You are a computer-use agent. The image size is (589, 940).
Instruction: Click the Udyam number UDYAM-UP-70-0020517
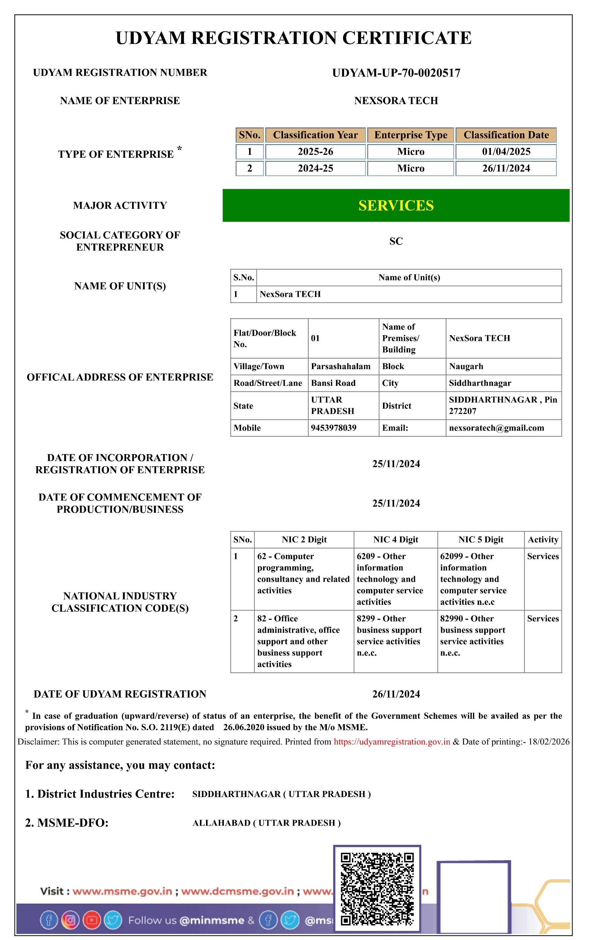click(396, 73)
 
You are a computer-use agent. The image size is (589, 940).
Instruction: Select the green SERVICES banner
click(396, 205)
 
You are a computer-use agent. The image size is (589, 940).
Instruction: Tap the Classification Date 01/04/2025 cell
click(506, 152)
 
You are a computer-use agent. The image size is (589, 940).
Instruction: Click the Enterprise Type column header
click(411, 135)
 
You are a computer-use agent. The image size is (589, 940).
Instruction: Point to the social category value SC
click(396, 241)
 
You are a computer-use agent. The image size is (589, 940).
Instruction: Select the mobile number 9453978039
click(334, 428)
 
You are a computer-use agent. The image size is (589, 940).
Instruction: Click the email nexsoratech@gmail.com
click(496, 428)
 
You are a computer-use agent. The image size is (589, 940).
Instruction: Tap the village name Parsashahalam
click(341, 366)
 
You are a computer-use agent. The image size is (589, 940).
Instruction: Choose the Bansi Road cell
click(333, 383)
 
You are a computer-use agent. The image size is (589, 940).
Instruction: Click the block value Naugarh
click(466, 366)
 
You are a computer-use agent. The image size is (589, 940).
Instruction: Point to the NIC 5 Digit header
click(481, 539)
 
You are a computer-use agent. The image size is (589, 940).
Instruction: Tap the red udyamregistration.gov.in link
click(392, 741)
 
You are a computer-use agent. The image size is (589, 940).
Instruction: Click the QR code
click(377, 889)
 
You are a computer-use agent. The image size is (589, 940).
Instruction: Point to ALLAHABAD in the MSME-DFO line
click(221, 823)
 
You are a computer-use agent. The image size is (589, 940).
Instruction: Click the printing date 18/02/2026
click(549, 741)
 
